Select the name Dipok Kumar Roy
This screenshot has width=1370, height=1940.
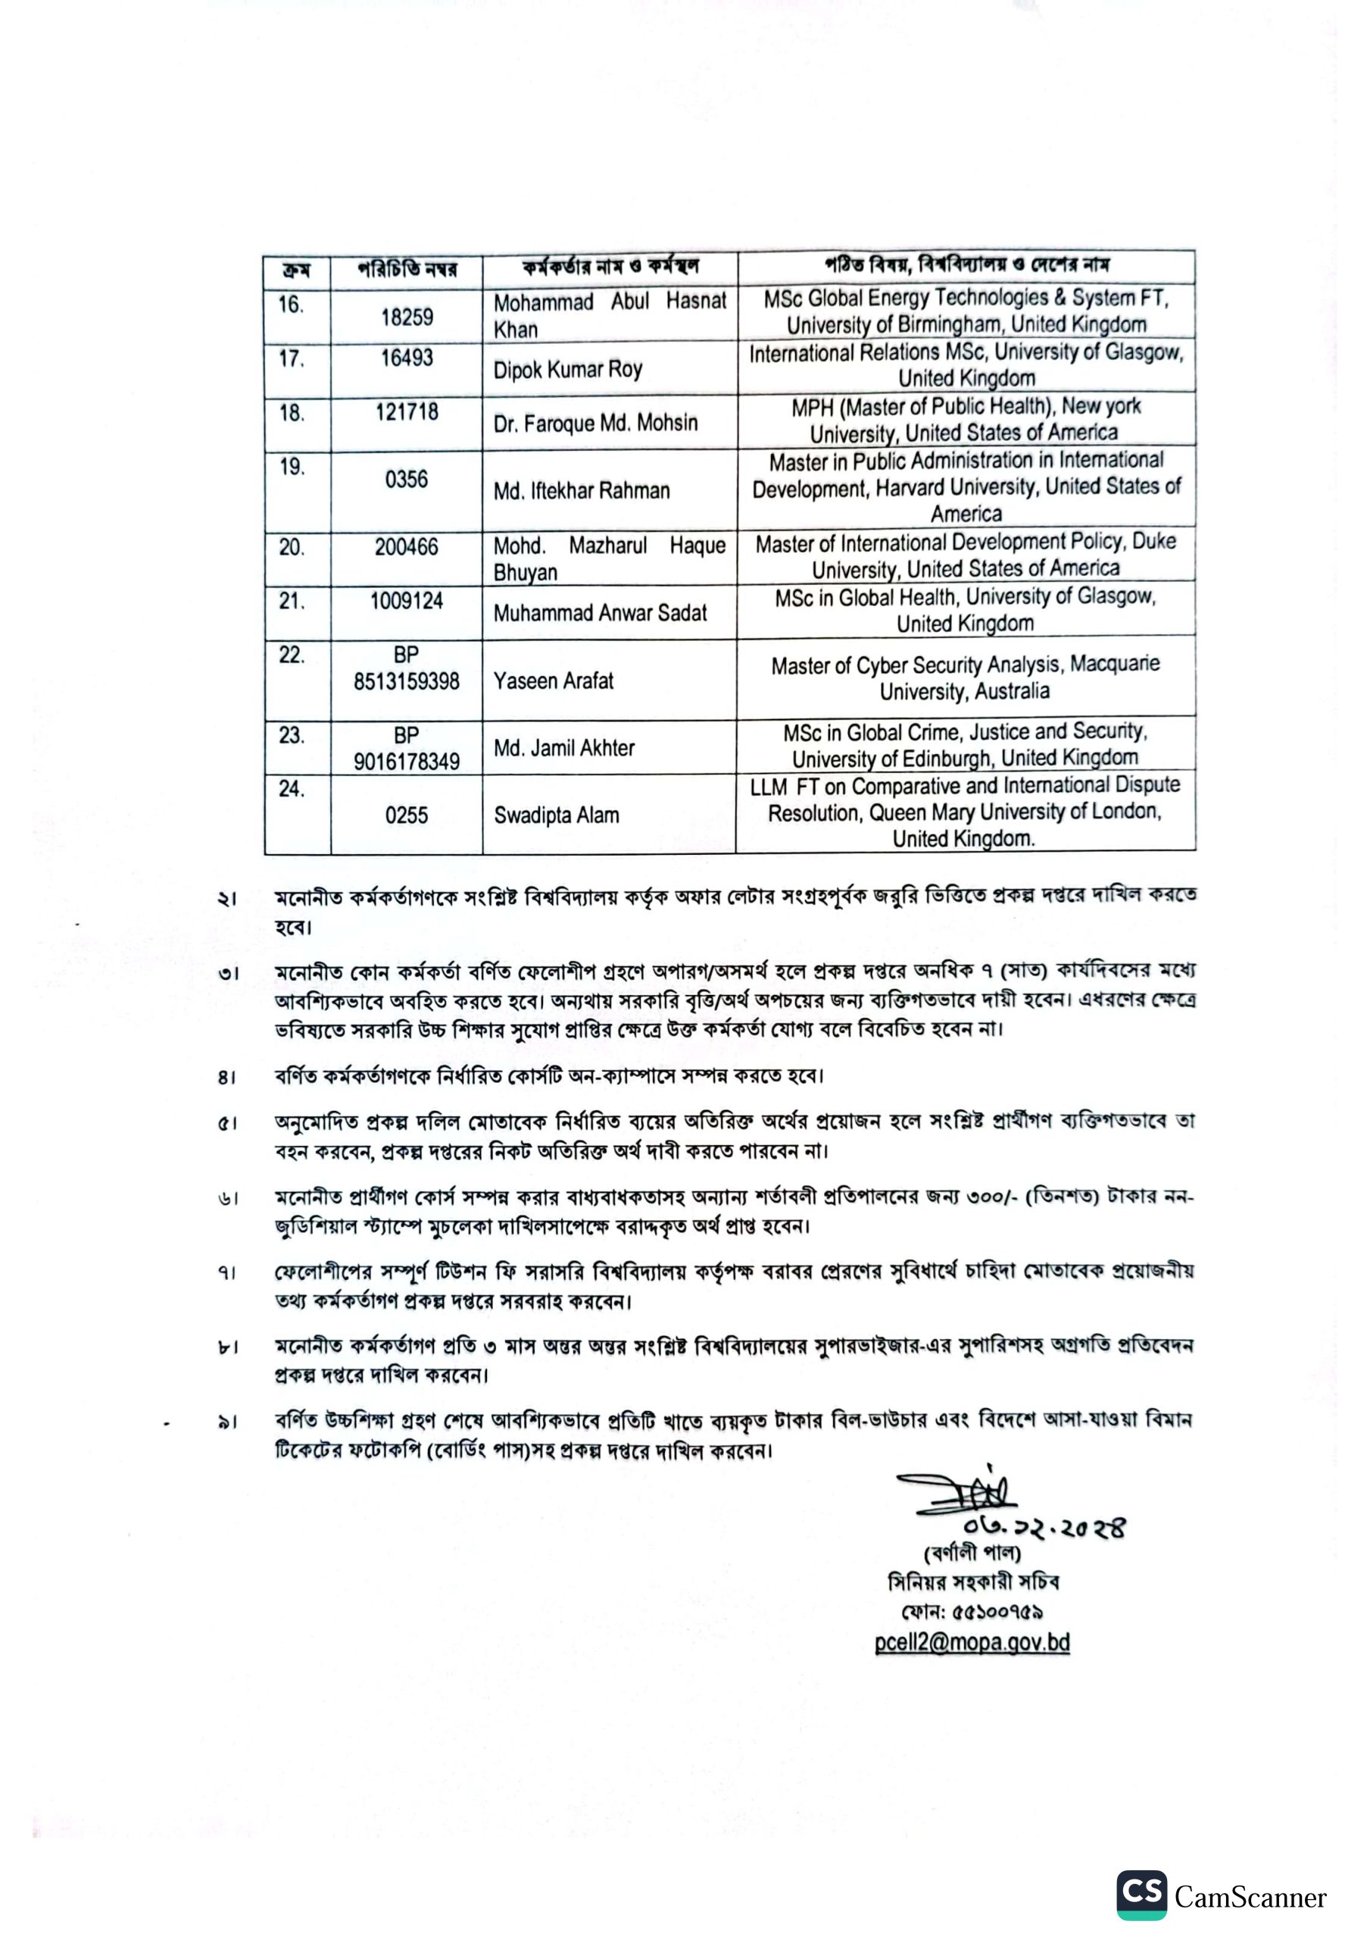(x=567, y=370)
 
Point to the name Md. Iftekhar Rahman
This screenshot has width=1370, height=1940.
(x=581, y=491)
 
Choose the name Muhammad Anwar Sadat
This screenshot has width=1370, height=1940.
(x=600, y=612)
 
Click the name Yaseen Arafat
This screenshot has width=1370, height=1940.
(x=554, y=681)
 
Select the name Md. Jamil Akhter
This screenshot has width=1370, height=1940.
(x=563, y=748)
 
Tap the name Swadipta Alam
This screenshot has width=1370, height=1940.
(x=556, y=815)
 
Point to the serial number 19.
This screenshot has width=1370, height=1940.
(x=292, y=468)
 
